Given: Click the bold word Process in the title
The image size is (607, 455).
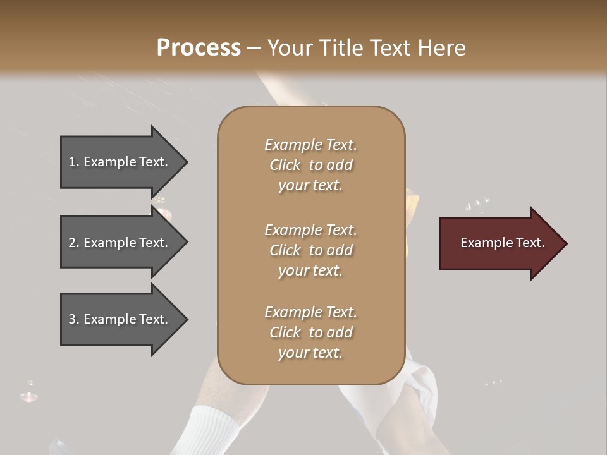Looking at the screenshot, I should pyautogui.click(x=199, y=48).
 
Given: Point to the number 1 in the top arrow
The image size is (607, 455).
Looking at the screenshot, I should pyautogui.click(x=72, y=162).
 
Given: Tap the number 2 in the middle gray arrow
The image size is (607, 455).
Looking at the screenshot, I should pyautogui.click(x=72, y=243).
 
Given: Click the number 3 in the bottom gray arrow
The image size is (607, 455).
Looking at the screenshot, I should pyautogui.click(x=72, y=319).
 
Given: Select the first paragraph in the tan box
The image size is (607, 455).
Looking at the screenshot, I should pyautogui.click(x=310, y=165).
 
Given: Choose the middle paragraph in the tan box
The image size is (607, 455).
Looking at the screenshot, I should pyautogui.click(x=310, y=250).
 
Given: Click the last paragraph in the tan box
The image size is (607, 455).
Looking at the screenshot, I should pyautogui.click(x=310, y=332).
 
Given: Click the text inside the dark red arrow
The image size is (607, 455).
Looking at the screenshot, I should pyautogui.click(x=502, y=243).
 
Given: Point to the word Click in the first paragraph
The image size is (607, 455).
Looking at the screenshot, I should pyautogui.click(x=285, y=165).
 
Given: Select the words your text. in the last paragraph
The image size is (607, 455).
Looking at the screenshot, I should pyautogui.click(x=310, y=353).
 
